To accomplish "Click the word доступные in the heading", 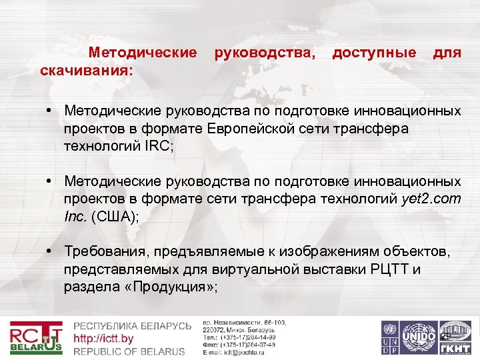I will (374, 52).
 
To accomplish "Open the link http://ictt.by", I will (103, 339).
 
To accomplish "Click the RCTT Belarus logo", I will (36, 339).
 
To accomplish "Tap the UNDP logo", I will (389, 338).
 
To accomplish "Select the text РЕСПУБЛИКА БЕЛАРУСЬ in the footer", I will (132, 326).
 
